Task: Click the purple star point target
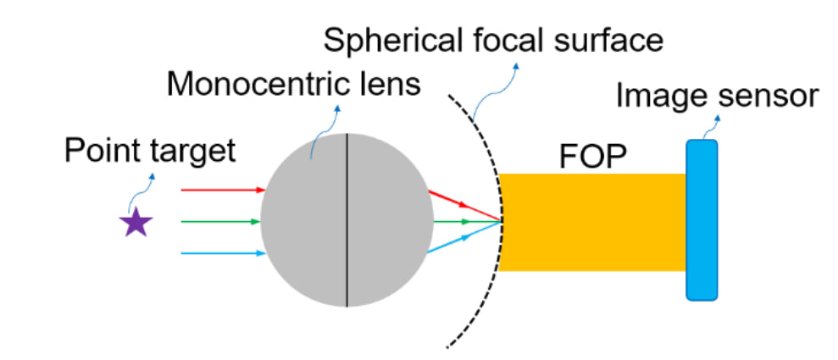click(136, 223)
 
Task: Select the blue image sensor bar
click(702, 220)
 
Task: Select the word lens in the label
click(392, 85)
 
